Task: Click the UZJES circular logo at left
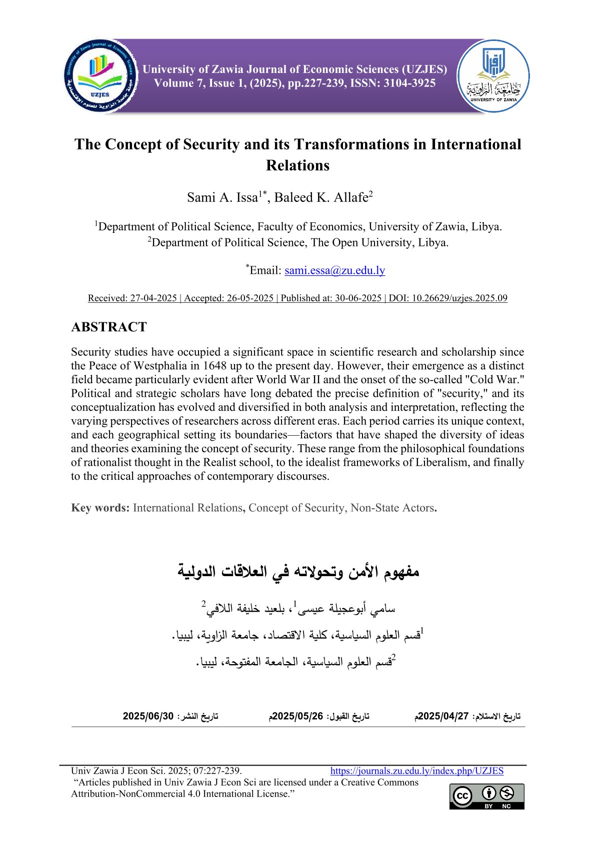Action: tap(101, 76)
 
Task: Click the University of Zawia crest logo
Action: tap(493, 76)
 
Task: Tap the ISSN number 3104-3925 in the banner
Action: tap(409, 83)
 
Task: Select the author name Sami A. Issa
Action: tap(222, 197)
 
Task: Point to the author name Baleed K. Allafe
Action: tap(321, 197)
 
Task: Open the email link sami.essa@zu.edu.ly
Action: tap(334, 270)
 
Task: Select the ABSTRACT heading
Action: tap(109, 327)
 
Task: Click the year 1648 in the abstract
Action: tap(217, 366)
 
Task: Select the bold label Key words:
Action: tap(100, 508)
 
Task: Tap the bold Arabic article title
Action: tap(298, 571)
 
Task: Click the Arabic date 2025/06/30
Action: tap(148, 716)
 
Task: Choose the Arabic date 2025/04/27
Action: tap(442, 716)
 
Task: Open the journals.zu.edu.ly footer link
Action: tap(416, 771)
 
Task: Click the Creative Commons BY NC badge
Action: tap(486, 796)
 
